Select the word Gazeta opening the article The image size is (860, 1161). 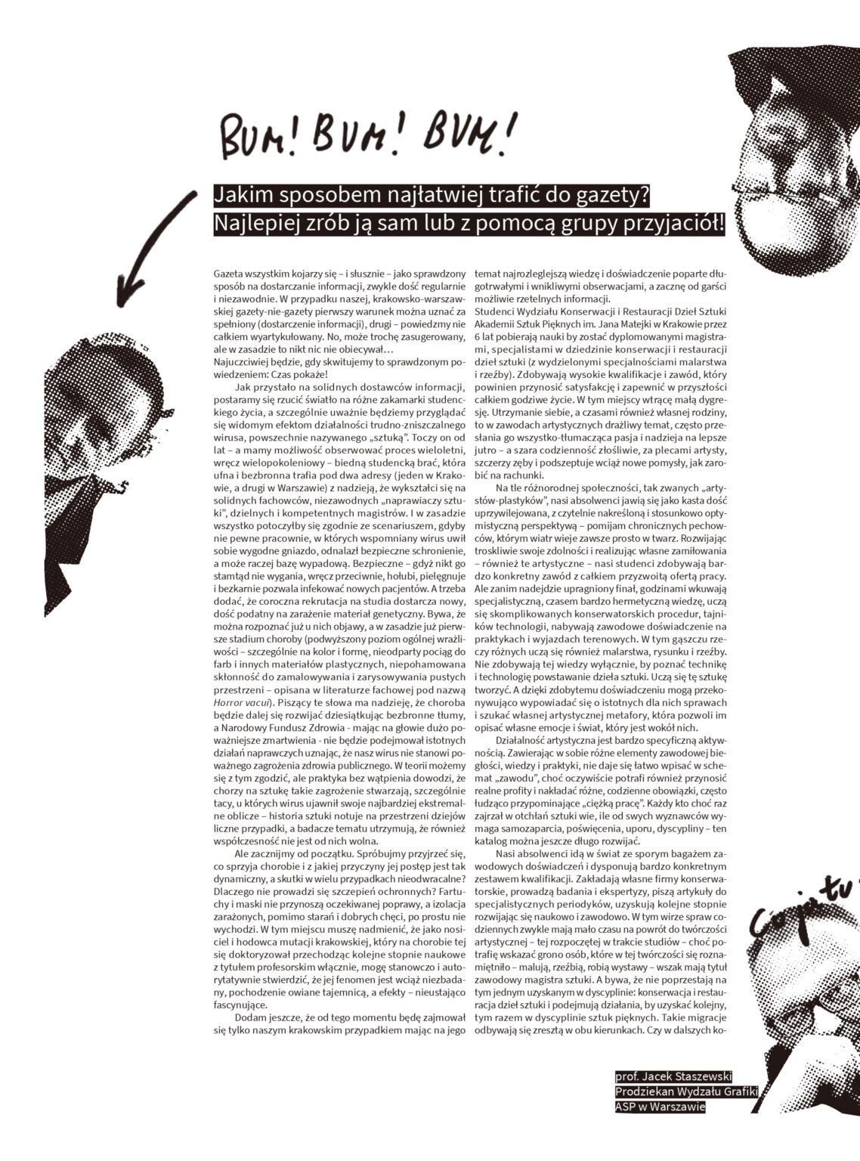point(230,270)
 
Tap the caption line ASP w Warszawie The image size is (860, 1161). point(660,1107)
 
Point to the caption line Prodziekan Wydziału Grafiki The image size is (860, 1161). point(685,1091)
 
